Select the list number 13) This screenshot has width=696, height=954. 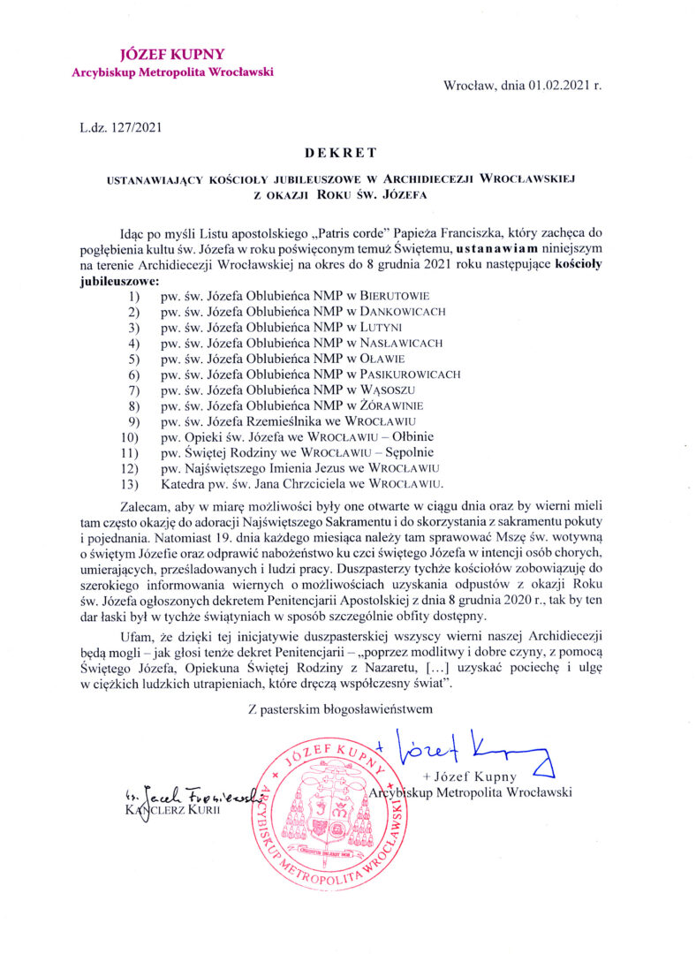[132, 483]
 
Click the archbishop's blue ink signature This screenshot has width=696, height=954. [473, 749]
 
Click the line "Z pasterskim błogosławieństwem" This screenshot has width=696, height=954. [340, 707]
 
